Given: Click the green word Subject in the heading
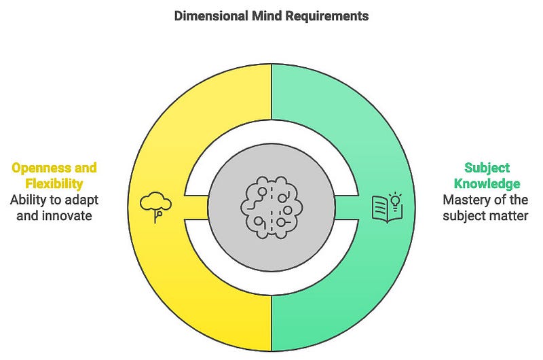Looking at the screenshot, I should pyautogui.click(x=487, y=168).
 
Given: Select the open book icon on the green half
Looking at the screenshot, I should pyautogui.click(x=386, y=208).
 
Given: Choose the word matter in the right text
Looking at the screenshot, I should pyautogui.click(x=510, y=216).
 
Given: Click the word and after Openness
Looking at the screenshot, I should pyautogui.click(x=86, y=168).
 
